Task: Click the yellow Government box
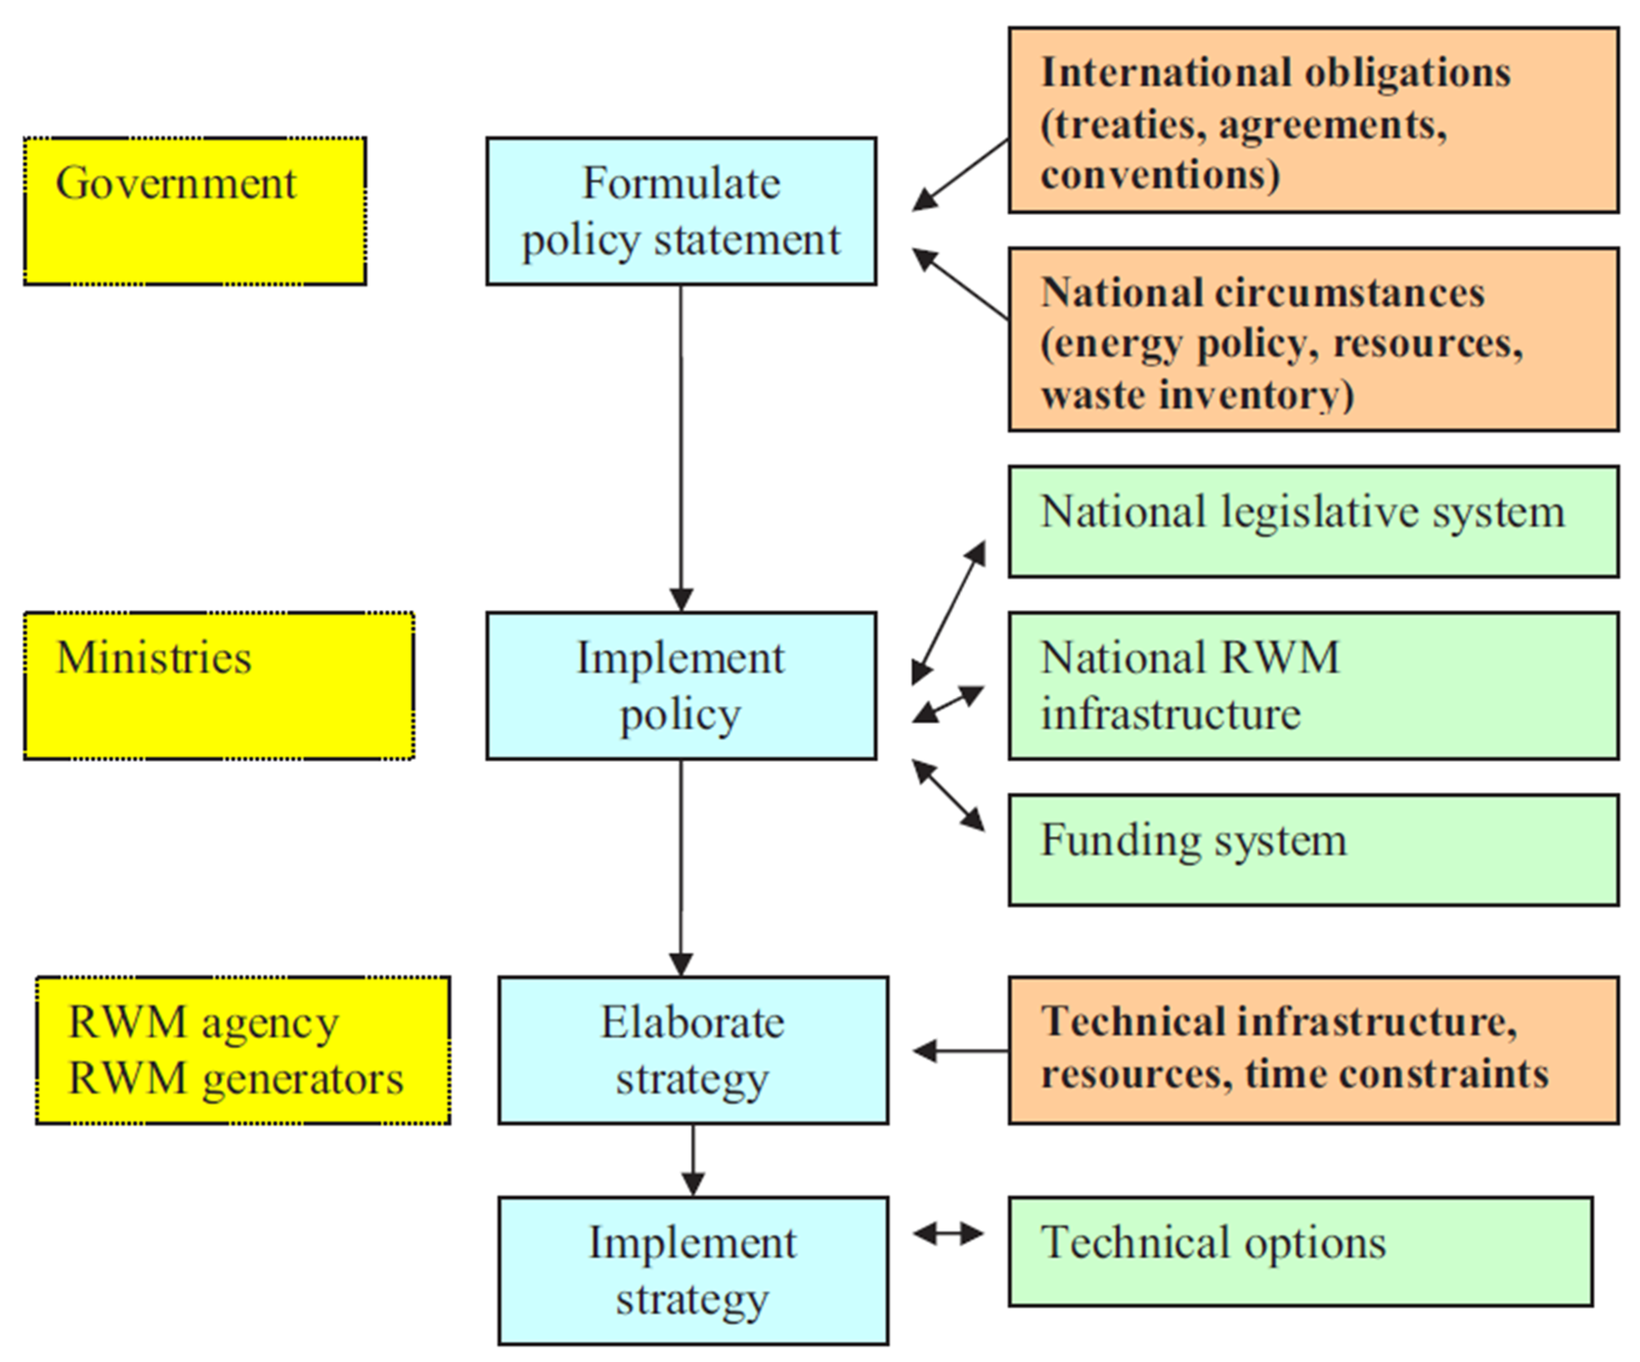pyautogui.click(x=194, y=211)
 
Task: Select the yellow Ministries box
pyautogui.click(x=218, y=685)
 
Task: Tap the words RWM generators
pyautogui.click(x=236, y=1079)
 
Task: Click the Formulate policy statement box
pyautogui.click(x=681, y=211)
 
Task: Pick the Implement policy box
pyautogui.click(x=681, y=685)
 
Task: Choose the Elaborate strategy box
pyautogui.click(x=693, y=1050)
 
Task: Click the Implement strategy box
pyautogui.click(x=693, y=1270)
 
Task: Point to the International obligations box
pyautogui.click(x=1313, y=120)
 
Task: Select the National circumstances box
pyautogui.click(x=1313, y=340)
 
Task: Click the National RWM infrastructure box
pyautogui.click(x=1313, y=685)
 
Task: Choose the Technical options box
pyautogui.click(x=1300, y=1251)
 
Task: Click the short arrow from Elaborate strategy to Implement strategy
pyautogui.click(x=693, y=1160)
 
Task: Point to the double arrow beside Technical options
pyautogui.click(x=948, y=1234)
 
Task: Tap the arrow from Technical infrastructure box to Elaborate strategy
pyautogui.click(x=961, y=1051)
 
